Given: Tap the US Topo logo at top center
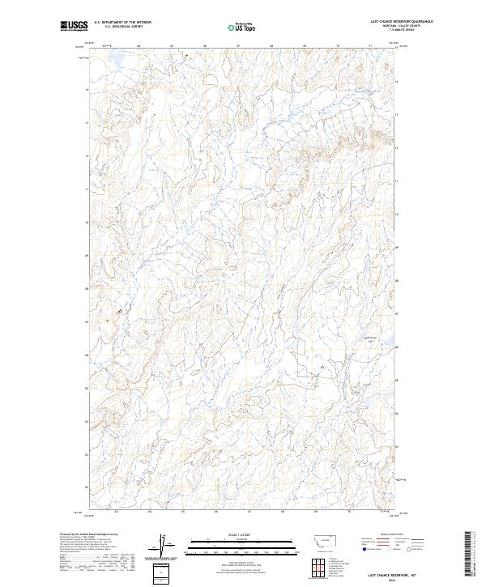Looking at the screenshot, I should pos(243,28).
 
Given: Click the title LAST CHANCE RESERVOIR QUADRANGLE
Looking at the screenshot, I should pos(390,22).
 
